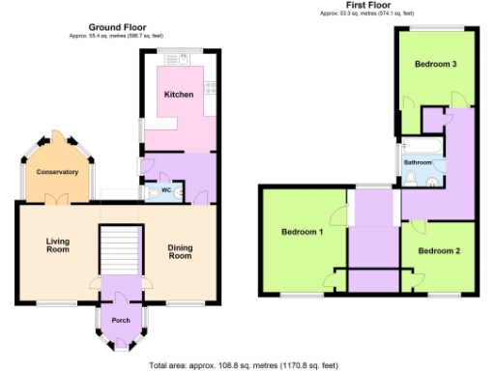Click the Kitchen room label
click(179, 95)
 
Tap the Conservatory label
click(57, 172)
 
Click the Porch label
click(121, 320)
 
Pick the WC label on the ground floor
click(166, 190)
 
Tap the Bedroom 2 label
click(438, 251)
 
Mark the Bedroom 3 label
click(435, 65)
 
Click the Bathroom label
click(419, 162)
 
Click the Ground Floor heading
click(117, 27)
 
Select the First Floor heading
click(367, 6)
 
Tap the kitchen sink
click(177, 60)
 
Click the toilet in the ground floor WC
click(155, 192)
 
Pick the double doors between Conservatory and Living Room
click(58, 199)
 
